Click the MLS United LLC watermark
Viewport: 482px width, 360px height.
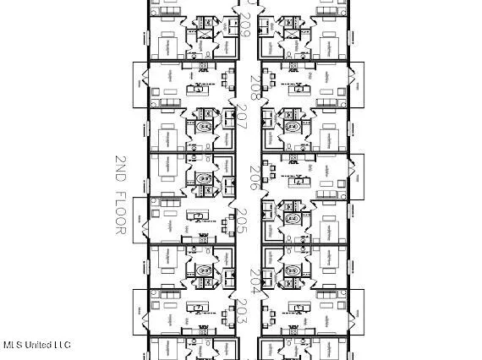[x=37, y=345]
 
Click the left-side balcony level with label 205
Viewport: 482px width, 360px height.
[x=136, y=219]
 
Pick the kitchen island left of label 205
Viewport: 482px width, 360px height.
[x=198, y=217]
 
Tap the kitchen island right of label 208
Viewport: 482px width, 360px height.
[x=298, y=87]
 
